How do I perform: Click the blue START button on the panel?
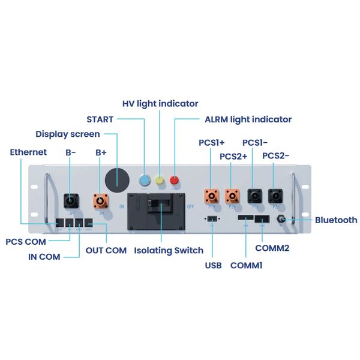(145, 179)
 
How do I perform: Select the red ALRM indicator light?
(175, 179)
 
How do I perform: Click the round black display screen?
(117, 179)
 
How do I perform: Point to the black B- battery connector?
(71, 200)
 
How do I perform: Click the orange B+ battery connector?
(101, 200)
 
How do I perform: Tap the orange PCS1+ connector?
(211, 196)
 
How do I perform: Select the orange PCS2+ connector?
(232, 196)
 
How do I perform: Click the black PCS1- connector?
(254, 196)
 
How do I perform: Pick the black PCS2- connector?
(275, 196)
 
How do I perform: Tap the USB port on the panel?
(211, 217)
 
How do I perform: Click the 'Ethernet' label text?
(28, 152)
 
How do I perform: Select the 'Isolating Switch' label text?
(169, 250)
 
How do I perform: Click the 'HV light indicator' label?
(160, 104)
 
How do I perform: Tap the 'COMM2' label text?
(272, 248)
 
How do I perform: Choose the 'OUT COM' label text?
(106, 250)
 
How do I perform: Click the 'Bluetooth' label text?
(336, 220)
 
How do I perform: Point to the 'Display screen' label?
(67, 134)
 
